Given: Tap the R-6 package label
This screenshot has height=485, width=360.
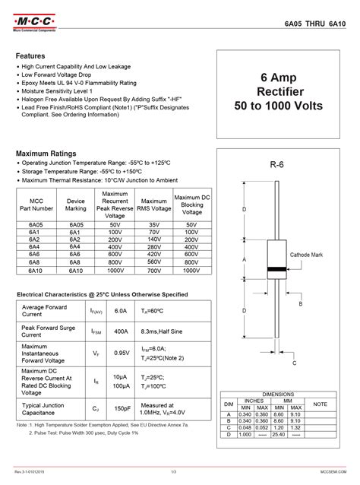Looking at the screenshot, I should (x=276, y=165).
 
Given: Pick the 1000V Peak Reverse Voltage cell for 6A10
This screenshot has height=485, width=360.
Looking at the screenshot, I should (x=115, y=270).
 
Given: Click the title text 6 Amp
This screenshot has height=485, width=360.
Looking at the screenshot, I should (x=280, y=78).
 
